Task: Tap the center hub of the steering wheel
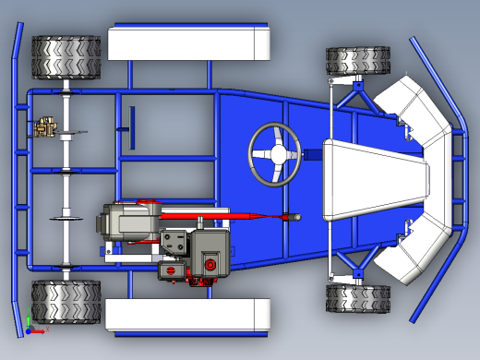click(x=275, y=154)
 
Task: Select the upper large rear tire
click(x=66, y=57)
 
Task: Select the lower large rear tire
click(x=66, y=302)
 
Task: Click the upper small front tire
click(x=357, y=62)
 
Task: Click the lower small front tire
click(x=357, y=297)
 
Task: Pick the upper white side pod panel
click(x=187, y=42)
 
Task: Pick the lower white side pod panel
click(x=187, y=315)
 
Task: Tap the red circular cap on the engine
click(x=211, y=265)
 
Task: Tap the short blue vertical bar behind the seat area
click(x=132, y=126)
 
